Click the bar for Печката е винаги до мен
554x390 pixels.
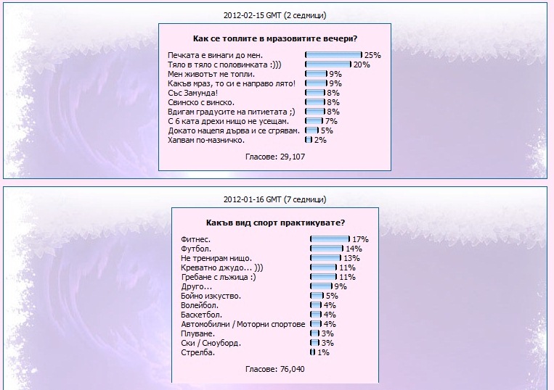333,55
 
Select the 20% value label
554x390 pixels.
362,65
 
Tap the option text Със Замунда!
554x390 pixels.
192,93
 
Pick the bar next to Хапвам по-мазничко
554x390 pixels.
309,140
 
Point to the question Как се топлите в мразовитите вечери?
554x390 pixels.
275,38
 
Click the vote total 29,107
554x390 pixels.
275,157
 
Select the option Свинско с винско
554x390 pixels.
201,102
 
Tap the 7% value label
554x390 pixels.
331,121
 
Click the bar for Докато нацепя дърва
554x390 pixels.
311,130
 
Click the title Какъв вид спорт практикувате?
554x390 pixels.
275,223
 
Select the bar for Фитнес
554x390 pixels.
330,239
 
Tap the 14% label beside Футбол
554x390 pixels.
354,249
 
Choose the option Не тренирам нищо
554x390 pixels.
216,258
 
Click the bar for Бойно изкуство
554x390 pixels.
317,296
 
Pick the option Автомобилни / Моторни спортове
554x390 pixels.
243,324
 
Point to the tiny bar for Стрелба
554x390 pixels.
313,352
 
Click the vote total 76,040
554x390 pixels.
275,369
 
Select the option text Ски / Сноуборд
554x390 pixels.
211,343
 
